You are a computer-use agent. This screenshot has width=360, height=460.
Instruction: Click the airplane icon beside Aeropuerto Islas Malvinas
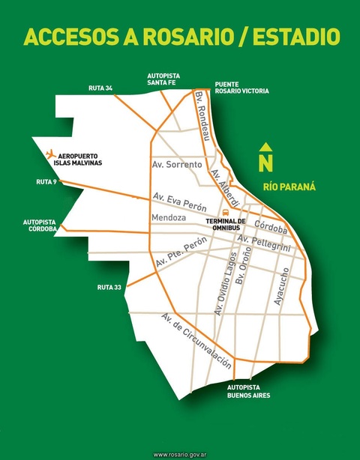50,154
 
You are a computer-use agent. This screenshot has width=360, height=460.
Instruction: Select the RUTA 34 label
100,88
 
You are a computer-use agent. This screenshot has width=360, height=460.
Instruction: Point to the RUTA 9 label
46,182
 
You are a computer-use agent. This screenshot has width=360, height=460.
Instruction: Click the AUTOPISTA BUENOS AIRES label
249,391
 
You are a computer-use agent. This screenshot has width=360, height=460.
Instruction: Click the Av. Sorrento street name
177,164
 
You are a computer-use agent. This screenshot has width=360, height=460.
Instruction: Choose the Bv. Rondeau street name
202,119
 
